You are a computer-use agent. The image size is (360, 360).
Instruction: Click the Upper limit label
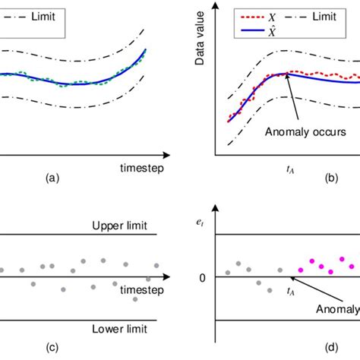click(x=119, y=226)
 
